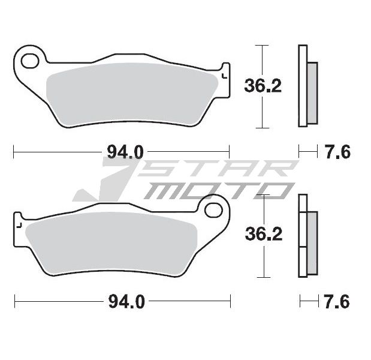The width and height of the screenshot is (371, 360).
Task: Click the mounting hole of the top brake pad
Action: [29, 61]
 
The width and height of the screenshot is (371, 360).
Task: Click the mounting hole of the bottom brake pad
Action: [213, 210]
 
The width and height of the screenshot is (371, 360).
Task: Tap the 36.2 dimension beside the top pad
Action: [263, 86]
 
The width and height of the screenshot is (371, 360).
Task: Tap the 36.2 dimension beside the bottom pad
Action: [264, 234]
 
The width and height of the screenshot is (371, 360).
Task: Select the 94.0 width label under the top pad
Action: [125, 152]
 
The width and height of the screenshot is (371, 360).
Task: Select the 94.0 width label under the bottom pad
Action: [126, 301]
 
